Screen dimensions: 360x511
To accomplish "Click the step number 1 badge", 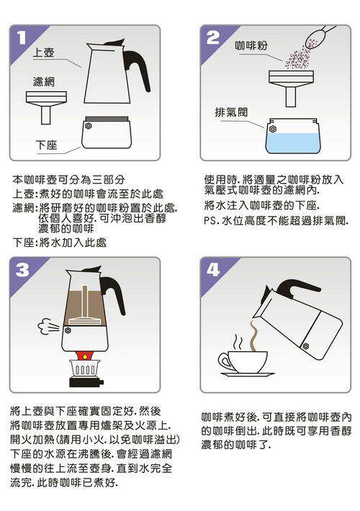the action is [22, 38].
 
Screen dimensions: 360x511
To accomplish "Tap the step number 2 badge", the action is [213, 38].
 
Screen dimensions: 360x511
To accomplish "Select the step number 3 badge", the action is [22, 270].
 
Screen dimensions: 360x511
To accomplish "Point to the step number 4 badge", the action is [213, 270].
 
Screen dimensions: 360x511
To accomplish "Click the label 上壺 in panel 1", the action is [43, 53].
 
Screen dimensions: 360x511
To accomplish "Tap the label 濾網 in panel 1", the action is [44, 81].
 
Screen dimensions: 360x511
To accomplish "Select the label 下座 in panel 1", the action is [47, 145].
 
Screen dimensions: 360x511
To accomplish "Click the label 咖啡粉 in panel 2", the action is [251, 45].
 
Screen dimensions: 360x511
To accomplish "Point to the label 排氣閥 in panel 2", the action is [231, 112].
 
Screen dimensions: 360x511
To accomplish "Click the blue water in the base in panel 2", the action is [293, 143].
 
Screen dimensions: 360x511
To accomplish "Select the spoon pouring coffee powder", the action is [318, 37].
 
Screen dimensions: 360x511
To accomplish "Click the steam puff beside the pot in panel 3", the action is [48, 327].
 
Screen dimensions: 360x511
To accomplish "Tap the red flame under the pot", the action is [85, 356].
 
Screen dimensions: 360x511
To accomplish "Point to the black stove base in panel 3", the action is [86, 382].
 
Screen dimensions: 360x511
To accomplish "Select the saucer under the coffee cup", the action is [247, 375].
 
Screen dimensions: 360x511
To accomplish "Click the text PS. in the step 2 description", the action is [211, 221].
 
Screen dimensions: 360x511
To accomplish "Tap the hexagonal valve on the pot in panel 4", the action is [306, 345].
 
